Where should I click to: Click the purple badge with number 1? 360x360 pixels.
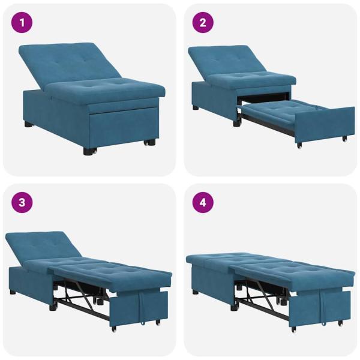click(x=22, y=23)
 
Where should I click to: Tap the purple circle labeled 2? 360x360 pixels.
click(x=203, y=23)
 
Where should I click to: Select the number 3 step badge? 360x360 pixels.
click(x=22, y=202)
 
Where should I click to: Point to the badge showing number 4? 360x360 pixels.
click(x=203, y=202)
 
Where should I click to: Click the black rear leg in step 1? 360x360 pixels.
click(x=28, y=125)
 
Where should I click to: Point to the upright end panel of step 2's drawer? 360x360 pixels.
click(x=324, y=124)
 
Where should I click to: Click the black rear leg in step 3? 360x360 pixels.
click(x=13, y=292)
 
